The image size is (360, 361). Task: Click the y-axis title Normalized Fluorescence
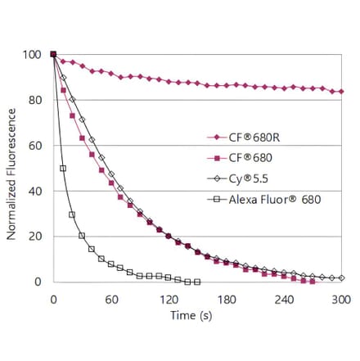(x=11, y=168)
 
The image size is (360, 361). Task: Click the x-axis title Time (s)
(x=196, y=314)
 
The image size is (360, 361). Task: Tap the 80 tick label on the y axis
(x=34, y=101)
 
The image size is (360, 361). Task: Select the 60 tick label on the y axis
(x=34, y=146)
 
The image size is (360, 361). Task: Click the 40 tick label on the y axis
(x=34, y=192)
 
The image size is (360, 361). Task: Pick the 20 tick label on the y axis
(x=34, y=237)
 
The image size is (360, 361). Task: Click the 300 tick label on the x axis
(x=340, y=299)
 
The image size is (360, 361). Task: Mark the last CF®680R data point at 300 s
(x=341, y=92)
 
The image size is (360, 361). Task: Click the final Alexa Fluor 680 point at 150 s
(x=197, y=282)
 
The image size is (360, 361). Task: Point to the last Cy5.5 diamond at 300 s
(x=341, y=278)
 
